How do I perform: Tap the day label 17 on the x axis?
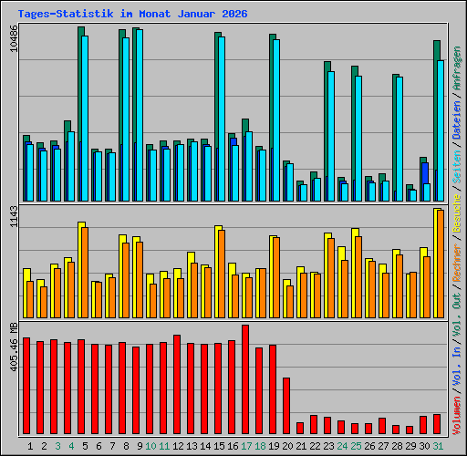pyautogui.click(x=246, y=446)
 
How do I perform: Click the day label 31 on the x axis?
pyautogui.click(x=438, y=446)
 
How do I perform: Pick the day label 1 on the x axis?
pyautogui.click(x=31, y=446)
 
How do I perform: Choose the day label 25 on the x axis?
pyautogui.click(x=356, y=446)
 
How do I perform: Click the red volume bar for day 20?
pyautogui.click(x=286, y=406)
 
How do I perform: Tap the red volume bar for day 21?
pyautogui.click(x=300, y=428)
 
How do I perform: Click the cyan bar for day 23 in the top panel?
pyautogui.click(x=330, y=136)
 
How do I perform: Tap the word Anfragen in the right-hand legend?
pyautogui.click(x=456, y=67)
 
